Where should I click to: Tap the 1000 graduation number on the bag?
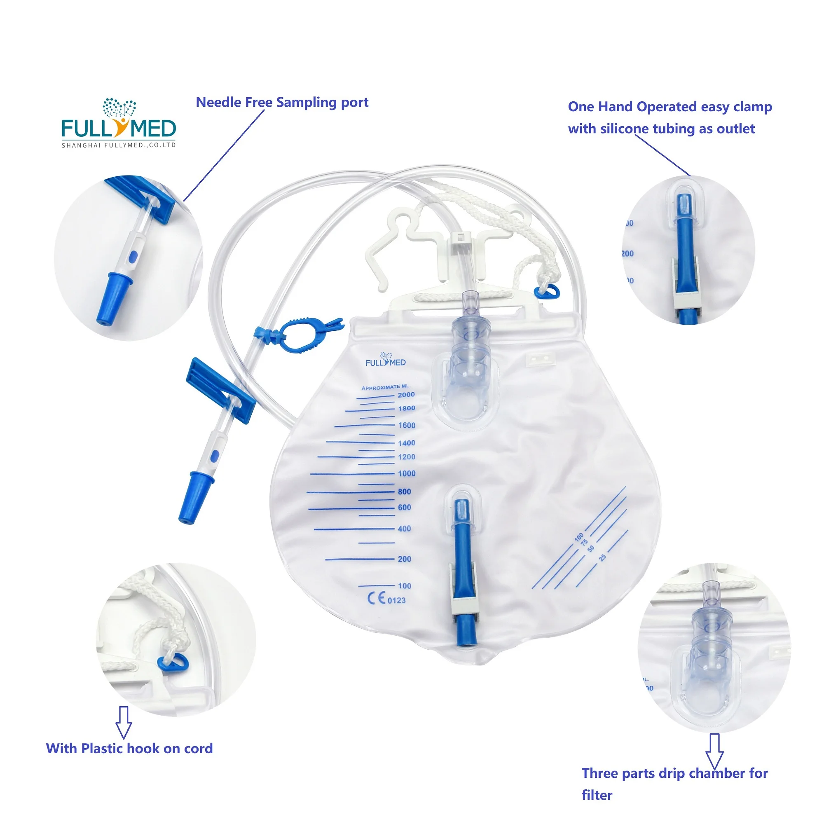tap(407, 473)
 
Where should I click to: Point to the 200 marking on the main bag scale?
tap(404, 559)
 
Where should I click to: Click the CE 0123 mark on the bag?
tap(386, 599)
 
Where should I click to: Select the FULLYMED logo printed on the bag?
tap(386, 360)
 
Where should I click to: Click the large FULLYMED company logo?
tap(119, 124)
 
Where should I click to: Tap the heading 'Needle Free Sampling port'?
tap(282, 102)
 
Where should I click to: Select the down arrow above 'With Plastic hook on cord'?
tap(124, 722)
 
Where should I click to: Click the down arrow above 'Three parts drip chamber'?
tap(714, 751)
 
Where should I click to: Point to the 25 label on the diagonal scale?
tap(602, 557)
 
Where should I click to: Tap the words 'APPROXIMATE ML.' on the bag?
tap(386, 387)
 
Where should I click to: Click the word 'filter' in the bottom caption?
tap(597, 795)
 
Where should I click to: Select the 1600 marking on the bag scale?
tap(407, 425)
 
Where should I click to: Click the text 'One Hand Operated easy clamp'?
tap(669, 107)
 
